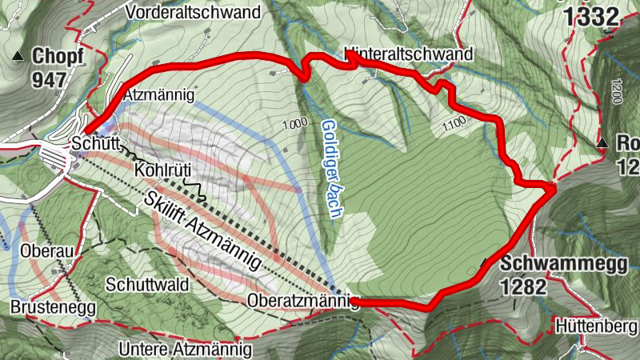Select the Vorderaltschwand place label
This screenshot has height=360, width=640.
[194, 12]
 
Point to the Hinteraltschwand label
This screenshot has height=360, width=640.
[408, 54]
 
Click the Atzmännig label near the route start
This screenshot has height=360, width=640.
[160, 95]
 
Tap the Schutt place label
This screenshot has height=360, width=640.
[94, 144]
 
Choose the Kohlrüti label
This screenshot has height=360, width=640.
[161, 170]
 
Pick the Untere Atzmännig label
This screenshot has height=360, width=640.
[185, 350]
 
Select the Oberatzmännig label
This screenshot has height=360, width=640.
[301, 302]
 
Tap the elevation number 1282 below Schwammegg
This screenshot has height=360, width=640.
[525, 286]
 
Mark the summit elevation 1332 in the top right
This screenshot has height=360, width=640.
[593, 15]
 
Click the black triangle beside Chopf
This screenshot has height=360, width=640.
[17, 57]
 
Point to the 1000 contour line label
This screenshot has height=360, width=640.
[294, 123]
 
